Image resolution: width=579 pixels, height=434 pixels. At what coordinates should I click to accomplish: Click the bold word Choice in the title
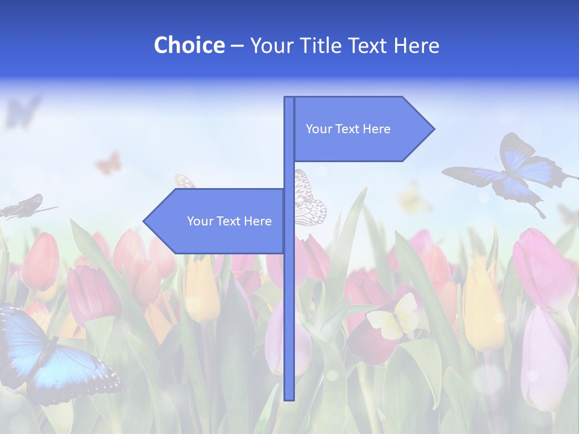pos(189,45)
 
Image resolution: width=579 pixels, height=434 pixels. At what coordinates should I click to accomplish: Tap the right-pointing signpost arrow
pos(362,129)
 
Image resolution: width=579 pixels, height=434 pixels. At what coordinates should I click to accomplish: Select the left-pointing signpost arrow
pos(214,221)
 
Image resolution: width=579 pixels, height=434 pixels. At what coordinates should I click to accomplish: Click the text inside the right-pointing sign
pos(348,129)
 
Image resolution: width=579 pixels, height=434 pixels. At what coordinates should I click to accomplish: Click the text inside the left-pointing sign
pos(229,221)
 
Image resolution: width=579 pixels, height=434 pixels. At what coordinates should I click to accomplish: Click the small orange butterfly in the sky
pos(109,163)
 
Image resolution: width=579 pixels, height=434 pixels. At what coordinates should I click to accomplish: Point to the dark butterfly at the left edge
pos(24,206)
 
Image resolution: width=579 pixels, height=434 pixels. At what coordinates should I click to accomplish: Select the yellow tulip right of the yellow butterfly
pos(482,307)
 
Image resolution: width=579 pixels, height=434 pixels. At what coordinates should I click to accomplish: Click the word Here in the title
pos(416,45)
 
